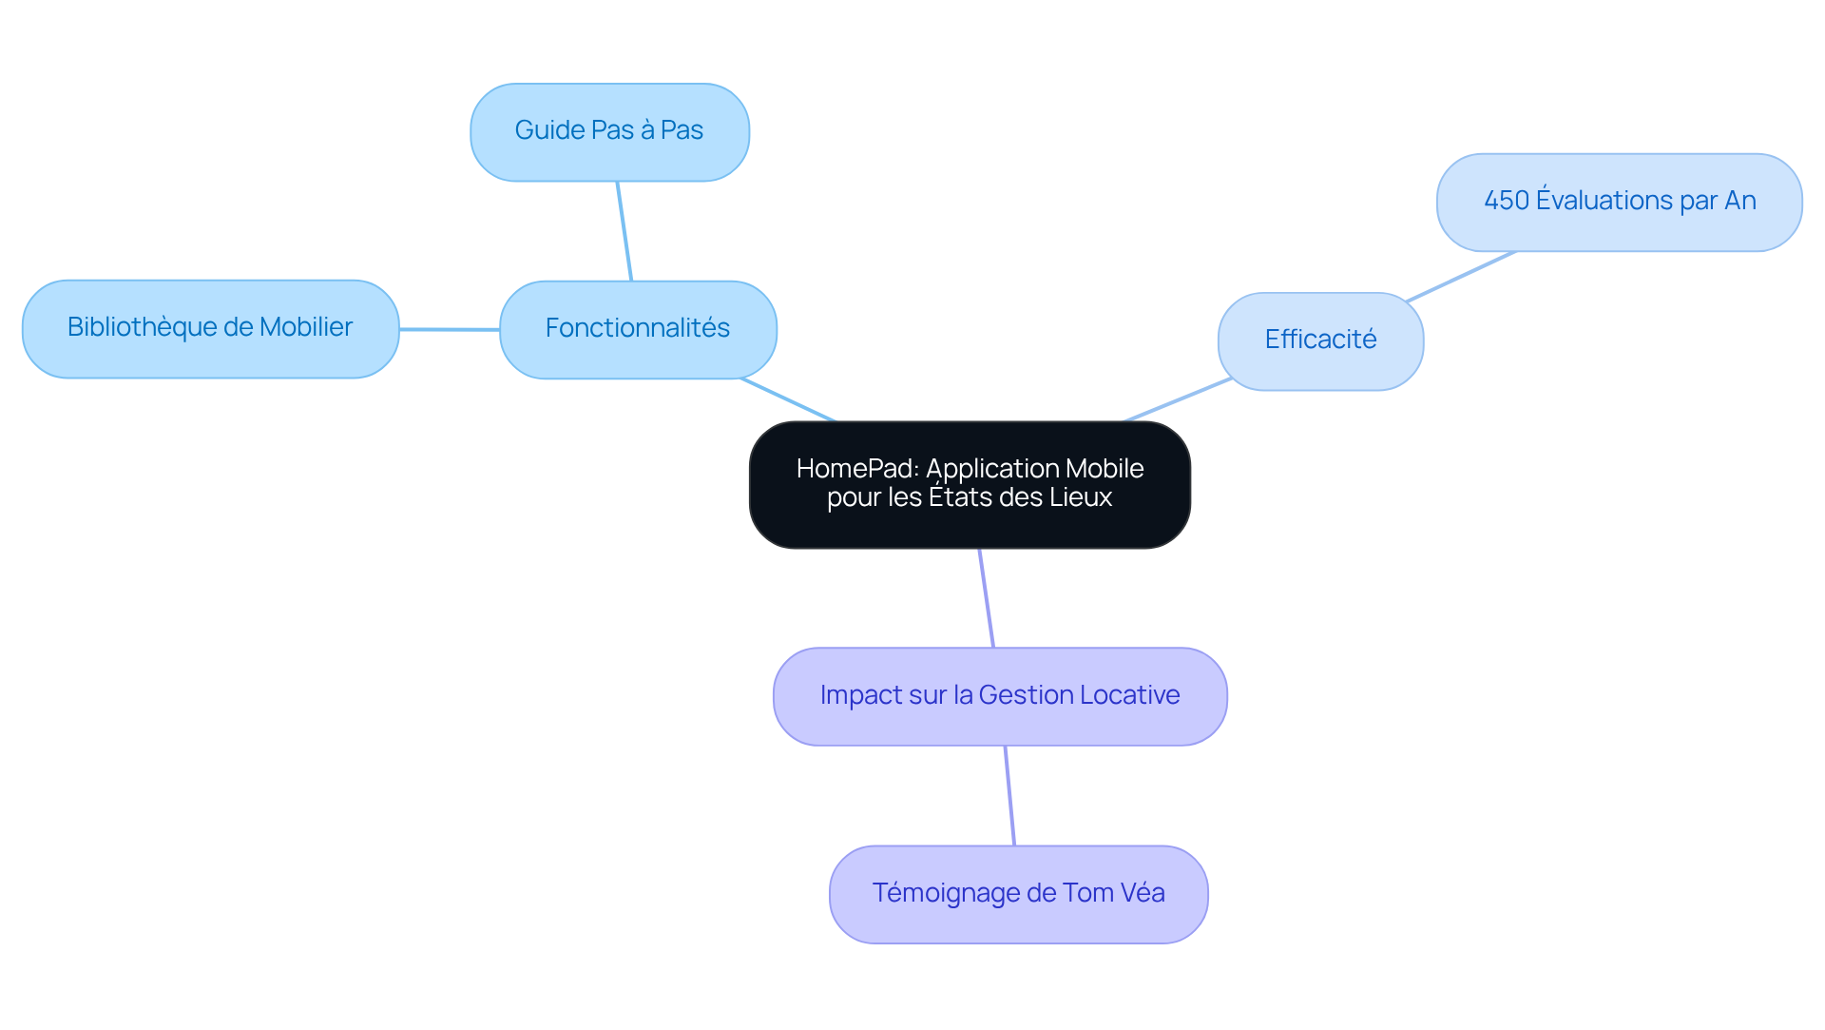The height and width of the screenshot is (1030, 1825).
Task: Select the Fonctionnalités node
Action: point(638,329)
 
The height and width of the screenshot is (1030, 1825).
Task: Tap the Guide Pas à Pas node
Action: point(609,131)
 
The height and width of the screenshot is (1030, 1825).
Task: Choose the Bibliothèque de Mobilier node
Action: point(210,328)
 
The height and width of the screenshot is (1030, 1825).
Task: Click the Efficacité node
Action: point(1320,340)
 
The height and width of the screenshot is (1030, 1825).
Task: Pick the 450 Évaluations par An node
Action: point(1619,202)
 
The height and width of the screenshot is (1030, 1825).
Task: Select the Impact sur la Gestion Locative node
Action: point(1000,696)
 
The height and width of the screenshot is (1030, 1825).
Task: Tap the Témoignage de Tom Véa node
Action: point(1018,894)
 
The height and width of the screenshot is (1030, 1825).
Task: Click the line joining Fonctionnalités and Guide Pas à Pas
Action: point(624,231)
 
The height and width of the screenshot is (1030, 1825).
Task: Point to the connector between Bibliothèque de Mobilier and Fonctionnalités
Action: point(450,329)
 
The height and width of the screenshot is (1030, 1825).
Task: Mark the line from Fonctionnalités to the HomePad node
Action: point(788,399)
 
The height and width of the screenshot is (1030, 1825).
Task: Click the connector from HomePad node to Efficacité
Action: point(1178,399)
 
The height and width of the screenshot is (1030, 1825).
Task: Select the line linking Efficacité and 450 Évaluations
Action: point(1461,276)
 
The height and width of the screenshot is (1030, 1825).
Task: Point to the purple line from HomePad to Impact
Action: point(987,598)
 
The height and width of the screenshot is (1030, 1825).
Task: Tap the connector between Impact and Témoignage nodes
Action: point(1009,795)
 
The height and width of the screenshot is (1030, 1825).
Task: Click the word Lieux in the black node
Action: point(1082,497)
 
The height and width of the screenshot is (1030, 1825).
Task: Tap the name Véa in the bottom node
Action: point(1142,893)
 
